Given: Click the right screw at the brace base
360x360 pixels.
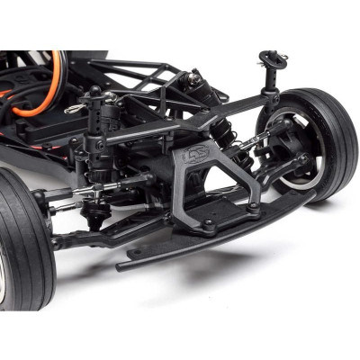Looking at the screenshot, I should click(254, 206).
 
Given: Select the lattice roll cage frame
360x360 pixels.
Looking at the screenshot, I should click(144, 72).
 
